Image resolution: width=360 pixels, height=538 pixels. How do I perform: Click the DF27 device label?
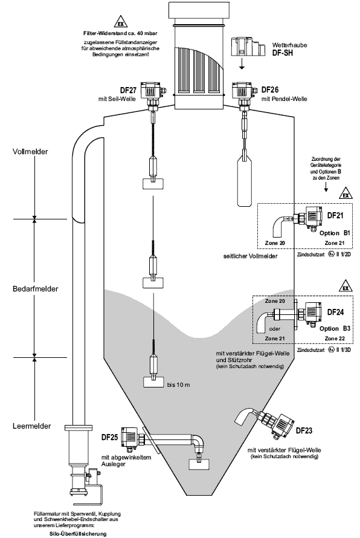coord(128,91)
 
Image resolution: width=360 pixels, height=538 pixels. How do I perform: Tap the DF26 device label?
coord(270,90)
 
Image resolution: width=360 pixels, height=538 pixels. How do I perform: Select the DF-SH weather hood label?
coord(283,53)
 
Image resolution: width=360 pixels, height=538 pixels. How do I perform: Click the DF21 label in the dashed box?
coord(335,215)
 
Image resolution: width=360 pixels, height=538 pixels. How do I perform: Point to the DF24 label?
coord(336,312)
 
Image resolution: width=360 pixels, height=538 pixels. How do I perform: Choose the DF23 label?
coord(304,430)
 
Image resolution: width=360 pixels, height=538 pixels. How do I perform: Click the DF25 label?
coord(110,438)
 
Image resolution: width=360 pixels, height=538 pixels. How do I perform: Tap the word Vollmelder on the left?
coord(30,152)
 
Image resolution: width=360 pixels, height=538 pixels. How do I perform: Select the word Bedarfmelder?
coord(35,289)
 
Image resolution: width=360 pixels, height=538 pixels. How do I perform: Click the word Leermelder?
coord(31,426)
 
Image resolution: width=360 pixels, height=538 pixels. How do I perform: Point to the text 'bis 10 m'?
coord(178,385)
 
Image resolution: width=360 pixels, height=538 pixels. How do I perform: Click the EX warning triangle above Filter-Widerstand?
coord(120,22)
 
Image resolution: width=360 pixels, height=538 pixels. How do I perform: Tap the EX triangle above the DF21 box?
coord(346,194)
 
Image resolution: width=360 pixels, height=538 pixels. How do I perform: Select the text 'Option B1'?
coord(335,233)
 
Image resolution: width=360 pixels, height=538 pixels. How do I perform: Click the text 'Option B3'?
coord(335,328)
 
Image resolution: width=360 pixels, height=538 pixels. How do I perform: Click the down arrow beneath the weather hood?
coord(242,64)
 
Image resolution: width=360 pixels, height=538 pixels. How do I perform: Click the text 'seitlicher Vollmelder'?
coord(250,256)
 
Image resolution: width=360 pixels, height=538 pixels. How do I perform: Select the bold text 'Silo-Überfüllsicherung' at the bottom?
coord(77,534)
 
